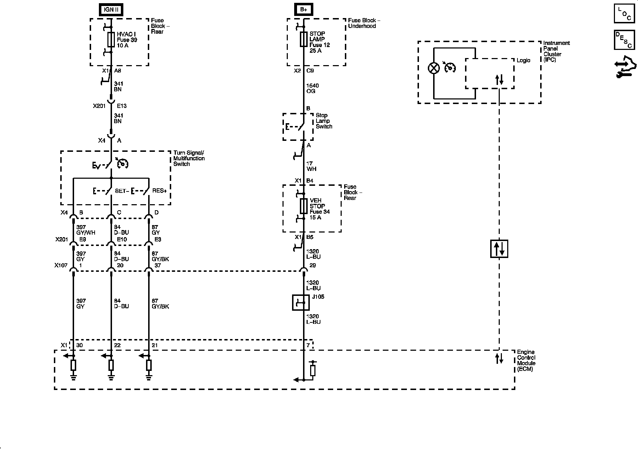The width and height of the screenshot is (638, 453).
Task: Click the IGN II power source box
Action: (111, 10)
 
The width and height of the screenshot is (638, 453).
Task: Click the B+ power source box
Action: (303, 10)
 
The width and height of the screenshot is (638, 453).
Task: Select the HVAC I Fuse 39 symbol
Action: (111, 39)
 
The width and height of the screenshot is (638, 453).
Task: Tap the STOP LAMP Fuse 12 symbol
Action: (303, 39)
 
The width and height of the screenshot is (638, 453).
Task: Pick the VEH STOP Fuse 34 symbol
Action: (303, 206)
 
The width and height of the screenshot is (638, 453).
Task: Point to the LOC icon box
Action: (624, 13)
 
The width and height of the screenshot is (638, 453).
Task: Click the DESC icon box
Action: (624, 40)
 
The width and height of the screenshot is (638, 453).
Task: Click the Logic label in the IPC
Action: (523, 61)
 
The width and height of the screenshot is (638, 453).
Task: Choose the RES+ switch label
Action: (159, 191)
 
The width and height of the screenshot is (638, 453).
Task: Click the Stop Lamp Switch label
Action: (324, 121)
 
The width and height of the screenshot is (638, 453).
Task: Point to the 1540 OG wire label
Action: (312, 88)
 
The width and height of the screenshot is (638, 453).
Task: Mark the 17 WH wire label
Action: (311, 166)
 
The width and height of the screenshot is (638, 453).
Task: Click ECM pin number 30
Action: (80, 345)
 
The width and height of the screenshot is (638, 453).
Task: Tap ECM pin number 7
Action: (308, 345)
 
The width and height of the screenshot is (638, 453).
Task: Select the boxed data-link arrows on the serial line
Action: (499, 249)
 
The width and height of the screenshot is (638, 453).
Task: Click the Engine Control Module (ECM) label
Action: (526, 361)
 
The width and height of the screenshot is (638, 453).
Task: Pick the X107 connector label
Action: (61, 265)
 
